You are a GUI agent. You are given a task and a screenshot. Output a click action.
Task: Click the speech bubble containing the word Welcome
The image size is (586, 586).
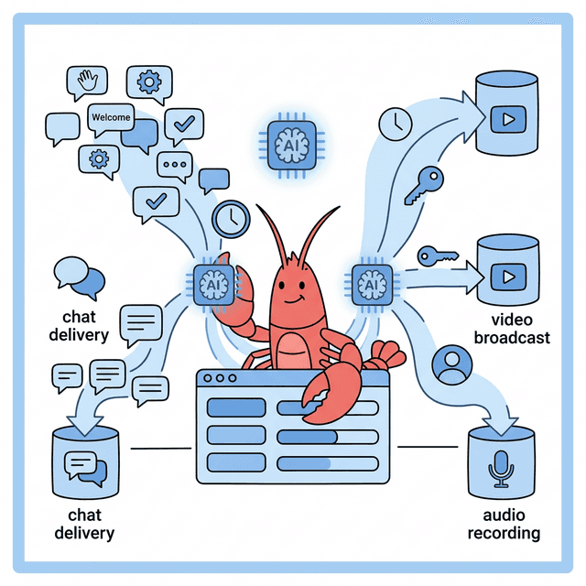pyautogui.click(x=110, y=118)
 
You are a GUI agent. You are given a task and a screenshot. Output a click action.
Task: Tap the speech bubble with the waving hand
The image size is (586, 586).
pyautogui.click(x=90, y=83)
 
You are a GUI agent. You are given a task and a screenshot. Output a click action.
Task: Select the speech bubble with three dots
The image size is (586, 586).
pyautogui.click(x=174, y=165)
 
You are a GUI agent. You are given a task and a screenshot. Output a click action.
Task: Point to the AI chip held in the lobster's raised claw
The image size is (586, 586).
pyautogui.click(x=209, y=285)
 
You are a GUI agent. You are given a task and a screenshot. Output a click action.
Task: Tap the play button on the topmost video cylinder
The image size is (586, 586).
pyautogui.click(x=505, y=118)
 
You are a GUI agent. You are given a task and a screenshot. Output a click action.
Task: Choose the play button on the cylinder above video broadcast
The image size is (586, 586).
pyautogui.click(x=505, y=275)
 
